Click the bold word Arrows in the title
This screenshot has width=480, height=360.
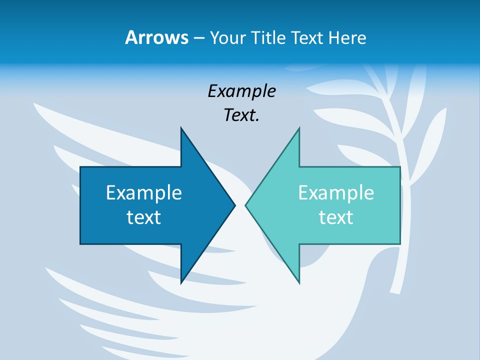pyautogui.click(x=156, y=37)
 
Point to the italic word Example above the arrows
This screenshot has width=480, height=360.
pyautogui.click(x=242, y=91)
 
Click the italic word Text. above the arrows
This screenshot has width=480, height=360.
pyautogui.click(x=242, y=115)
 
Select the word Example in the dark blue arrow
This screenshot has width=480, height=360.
pyautogui.click(x=144, y=192)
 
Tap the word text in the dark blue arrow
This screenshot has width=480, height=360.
pyautogui.click(x=144, y=217)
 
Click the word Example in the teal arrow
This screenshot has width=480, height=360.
pyautogui.click(x=336, y=192)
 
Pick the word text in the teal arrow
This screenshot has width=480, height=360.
pyautogui.click(x=336, y=217)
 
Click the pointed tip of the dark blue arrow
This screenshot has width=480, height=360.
pyautogui.click(x=234, y=205)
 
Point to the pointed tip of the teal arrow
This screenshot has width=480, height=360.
pyautogui.click(x=246, y=205)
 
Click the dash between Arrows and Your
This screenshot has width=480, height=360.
pyautogui.click(x=198, y=38)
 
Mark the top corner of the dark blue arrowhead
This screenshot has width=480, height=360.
pyautogui.click(x=181, y=128)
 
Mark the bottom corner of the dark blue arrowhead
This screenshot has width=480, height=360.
pyautogui.click(x=181, y=282)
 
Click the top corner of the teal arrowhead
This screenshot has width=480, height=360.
pyautogui.click(x=299, y=128)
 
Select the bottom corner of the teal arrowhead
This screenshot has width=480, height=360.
pyautogui.click(x=299, y=282)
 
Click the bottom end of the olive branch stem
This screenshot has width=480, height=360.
pyautogui.click(x=395, y=290)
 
